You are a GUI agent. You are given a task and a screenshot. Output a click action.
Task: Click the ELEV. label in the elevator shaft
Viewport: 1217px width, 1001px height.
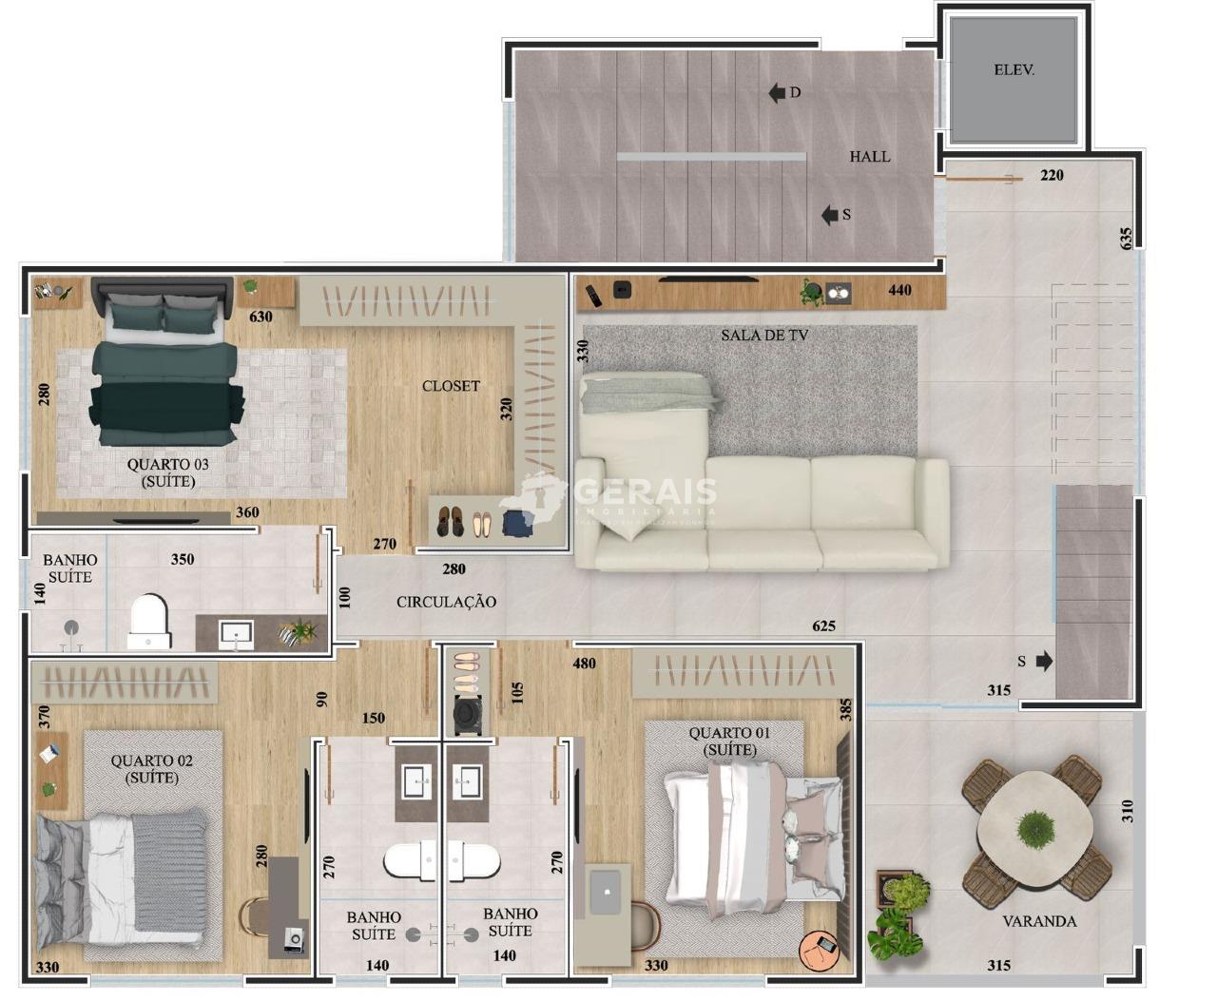point(1014,70)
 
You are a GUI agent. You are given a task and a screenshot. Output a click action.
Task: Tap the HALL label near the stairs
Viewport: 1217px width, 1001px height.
point(870,157)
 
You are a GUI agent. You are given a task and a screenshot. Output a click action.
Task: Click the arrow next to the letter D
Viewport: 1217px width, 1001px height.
point(777,93)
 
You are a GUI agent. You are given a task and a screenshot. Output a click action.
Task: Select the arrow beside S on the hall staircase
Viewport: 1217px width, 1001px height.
point(829,215)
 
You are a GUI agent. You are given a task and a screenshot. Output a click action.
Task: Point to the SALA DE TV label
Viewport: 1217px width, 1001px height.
point(764,336)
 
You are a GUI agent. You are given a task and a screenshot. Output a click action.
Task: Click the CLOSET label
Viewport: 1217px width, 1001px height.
point(451,386)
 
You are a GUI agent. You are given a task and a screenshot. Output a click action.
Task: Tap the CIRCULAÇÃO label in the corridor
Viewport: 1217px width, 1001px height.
point(446,602)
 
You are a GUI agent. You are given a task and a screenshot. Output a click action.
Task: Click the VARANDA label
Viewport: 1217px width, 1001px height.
point(1039,921)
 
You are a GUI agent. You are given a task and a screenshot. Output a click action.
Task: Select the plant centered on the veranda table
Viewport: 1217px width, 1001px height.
point(1035,828)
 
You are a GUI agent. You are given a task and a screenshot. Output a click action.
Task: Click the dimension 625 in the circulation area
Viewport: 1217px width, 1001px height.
point(823,626)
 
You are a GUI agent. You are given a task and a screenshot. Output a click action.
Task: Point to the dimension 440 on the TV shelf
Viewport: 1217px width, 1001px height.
point(899,290)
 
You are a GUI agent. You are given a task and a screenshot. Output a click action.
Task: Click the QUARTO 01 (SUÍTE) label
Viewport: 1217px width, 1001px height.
point(729,741)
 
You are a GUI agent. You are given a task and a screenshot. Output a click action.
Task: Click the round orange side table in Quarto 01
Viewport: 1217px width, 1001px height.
point(820,949)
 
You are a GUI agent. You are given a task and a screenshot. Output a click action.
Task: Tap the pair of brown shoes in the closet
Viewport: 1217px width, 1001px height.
point(450,522)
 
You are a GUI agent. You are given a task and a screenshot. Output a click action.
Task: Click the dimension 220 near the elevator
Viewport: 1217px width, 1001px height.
point(1052,175)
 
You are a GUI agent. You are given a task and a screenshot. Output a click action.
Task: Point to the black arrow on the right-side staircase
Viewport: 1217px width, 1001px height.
point(1044,661)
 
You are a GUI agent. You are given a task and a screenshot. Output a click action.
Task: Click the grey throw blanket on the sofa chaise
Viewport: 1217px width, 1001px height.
point(650,393)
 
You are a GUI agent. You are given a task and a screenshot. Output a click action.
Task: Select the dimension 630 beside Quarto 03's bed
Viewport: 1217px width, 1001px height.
point(261,317)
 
